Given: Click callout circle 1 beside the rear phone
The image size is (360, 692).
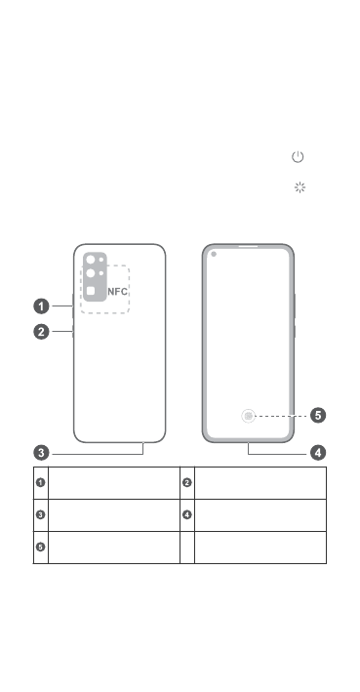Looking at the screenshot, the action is [x=42, y=305].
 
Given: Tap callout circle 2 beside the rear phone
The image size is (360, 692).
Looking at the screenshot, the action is [x=42, y=332].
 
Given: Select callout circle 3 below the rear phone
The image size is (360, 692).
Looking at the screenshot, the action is [x=42, y=453].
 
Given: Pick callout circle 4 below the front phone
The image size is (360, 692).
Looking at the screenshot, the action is [x=318, y=452].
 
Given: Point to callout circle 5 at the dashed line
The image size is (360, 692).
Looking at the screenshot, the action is [x=318, y=415].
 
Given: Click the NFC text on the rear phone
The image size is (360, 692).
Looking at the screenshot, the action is [x=118, y=292].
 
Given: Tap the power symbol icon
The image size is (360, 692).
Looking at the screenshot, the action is [x=298, y=157].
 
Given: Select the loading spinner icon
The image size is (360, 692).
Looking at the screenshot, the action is [x=300, y=187].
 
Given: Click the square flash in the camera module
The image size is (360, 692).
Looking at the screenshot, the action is [x=91, y=291].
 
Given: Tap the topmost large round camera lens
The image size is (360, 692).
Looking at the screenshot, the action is [x=91, y=260].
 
